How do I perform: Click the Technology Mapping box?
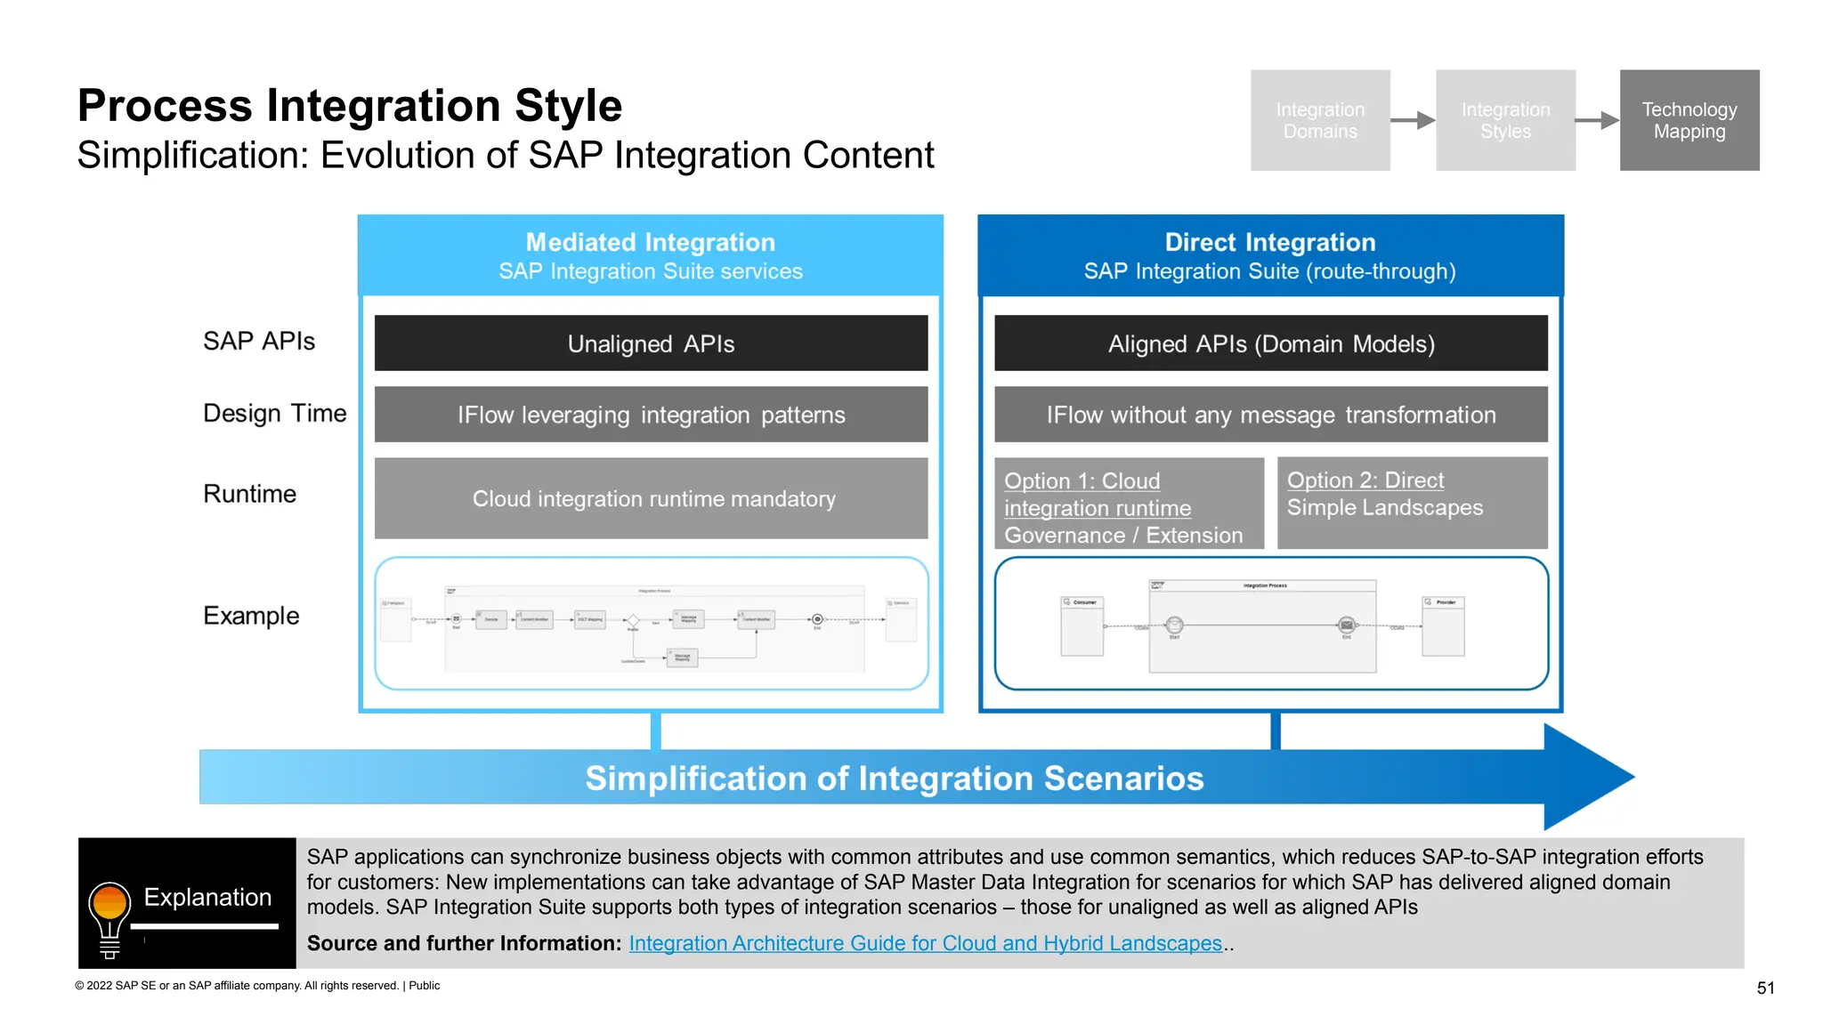click(1689, 120)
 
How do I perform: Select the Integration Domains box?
click(1319, 120)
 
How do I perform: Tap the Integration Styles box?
click(1504, 120)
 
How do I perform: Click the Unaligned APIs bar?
click(651, 343)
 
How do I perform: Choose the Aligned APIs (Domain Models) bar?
click(1270, 343)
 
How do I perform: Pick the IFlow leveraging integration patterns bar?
click(651, 415)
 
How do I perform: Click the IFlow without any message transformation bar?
click(1270, 415)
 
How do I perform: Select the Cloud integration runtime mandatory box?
click(651, 498)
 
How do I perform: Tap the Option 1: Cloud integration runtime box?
click(1128, 504)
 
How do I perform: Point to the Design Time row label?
click(274, 413)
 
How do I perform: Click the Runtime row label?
click(249, 494)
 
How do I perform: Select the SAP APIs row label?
click(258, 341)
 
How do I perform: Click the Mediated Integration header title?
click(650, 242)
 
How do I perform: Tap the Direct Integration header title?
click(1269, 242)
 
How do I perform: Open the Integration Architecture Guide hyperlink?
click(925, 943)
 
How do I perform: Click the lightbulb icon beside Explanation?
click(109, 916)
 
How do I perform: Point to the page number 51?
click(1765, 988)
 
